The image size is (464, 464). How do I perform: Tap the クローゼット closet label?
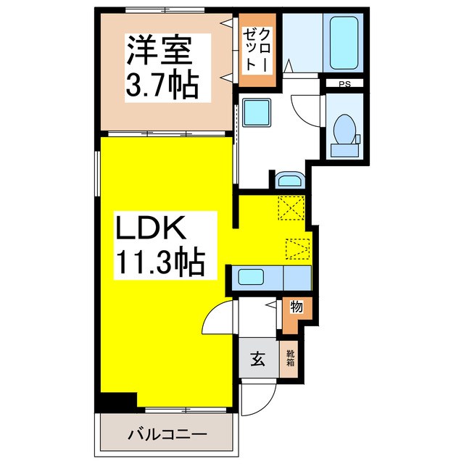257,50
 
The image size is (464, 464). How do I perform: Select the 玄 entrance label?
258,357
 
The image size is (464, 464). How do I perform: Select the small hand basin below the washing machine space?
291,180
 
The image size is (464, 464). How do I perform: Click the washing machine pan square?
257,113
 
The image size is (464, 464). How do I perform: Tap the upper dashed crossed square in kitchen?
292,209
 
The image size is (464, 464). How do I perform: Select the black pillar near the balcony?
117,399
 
